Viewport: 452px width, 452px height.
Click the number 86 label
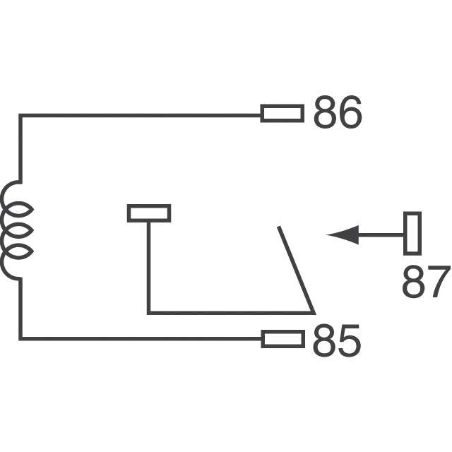337,113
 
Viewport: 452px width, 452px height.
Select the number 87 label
425,283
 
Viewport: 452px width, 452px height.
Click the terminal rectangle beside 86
282,113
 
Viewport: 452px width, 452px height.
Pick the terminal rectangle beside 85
282,339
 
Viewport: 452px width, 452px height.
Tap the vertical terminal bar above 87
412,233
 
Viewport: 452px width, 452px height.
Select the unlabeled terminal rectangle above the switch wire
149,213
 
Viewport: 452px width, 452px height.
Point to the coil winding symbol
17,230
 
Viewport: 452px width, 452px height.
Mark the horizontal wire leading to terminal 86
141,114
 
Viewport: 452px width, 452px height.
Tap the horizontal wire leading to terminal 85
141,339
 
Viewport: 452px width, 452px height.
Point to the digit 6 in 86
350,113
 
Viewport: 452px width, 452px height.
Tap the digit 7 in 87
438,283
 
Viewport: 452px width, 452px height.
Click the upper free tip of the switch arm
279,228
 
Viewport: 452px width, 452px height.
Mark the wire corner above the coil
20,115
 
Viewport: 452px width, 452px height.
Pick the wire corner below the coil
20,338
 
